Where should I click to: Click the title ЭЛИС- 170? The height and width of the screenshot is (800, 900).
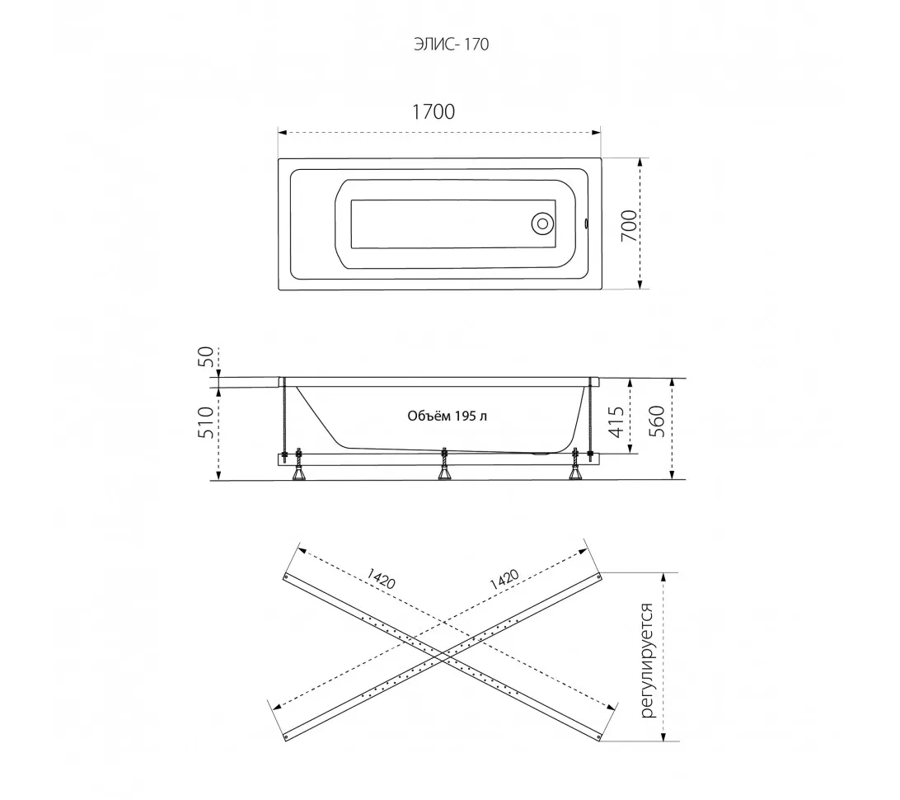click(x=451, y=45)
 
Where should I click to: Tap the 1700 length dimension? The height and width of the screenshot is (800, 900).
click(x=434, y=111)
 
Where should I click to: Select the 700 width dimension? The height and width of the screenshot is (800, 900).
click(x=629, y=225)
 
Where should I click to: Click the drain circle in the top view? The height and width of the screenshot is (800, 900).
click(x=541, y=224)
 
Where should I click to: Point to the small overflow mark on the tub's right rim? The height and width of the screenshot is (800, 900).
click(x=585, y=223)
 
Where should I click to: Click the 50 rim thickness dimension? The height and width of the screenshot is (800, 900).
click(x=206, y=356)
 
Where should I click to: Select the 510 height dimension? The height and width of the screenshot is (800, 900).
click(x=205, y=422)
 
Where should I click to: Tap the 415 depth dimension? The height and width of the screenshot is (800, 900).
click(x=616, y=421)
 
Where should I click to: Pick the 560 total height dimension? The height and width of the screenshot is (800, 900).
click(x=656, y=421)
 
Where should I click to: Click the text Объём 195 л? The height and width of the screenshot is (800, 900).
click(x=448, y=416)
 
